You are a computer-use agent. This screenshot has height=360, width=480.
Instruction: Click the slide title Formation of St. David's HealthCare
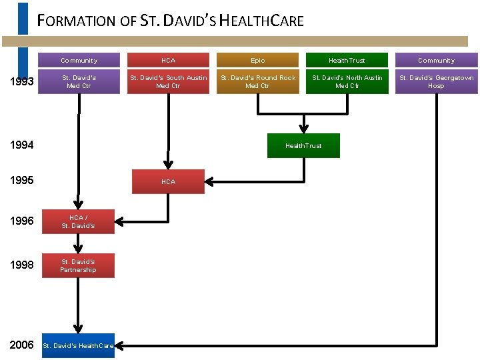point(171,21)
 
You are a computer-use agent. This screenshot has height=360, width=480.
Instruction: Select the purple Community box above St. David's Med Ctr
point(79,61)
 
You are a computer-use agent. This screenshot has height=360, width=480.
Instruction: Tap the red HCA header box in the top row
point(168,61)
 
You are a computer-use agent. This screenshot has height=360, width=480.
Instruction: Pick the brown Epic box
point(257,61)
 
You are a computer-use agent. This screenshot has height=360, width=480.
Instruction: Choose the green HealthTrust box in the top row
point(347,61)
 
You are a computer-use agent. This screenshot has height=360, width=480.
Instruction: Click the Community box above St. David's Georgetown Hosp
point(436,61)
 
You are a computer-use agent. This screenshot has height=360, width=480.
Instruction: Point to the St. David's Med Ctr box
point(79,81)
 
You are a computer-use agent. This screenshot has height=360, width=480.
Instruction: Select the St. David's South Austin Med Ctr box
point(168,81)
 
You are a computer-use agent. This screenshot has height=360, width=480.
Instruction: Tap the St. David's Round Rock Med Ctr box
point(257,81)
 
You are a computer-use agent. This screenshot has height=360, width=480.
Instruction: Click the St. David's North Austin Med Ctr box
point(347,81)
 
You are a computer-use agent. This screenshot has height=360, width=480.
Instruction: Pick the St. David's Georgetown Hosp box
point(436,81)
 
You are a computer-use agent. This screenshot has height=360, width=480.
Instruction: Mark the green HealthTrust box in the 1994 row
point(303,145)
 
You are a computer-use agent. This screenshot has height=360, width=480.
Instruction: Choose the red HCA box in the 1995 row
point(168,181)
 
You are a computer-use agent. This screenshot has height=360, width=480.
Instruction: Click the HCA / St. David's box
point(78,221)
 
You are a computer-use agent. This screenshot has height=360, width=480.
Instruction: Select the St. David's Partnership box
point(78,265)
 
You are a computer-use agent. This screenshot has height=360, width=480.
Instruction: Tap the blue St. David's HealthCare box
point(78,345)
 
